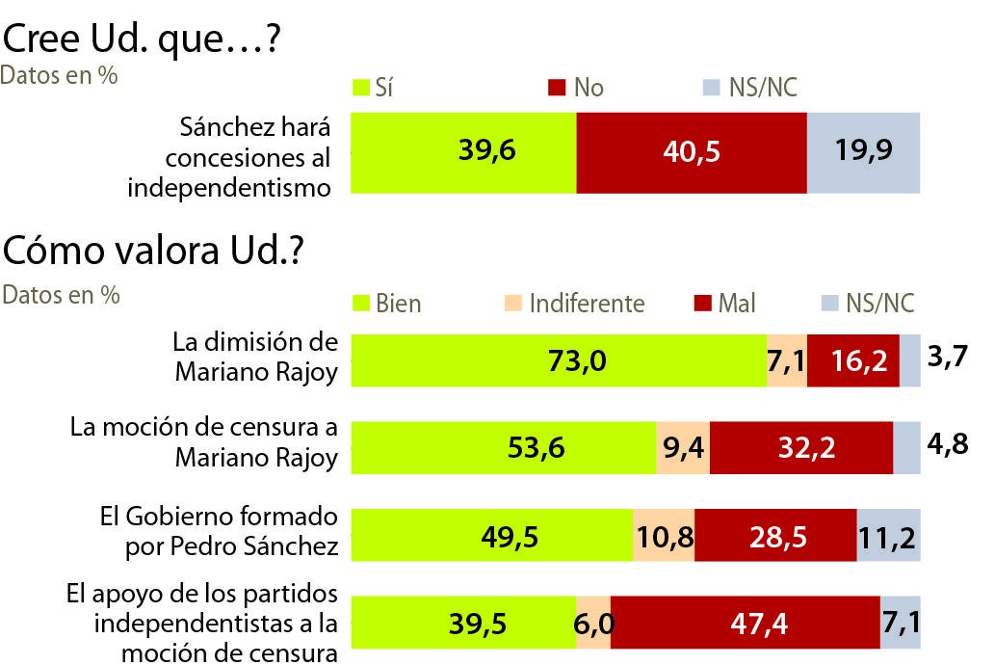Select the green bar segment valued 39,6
(463, 152)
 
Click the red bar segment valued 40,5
(691, 152)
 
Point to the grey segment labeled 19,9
(863, 152)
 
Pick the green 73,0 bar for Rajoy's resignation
(559, 360)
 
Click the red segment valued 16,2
(852, 360)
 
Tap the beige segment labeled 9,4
(682, 448)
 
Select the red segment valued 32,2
(800, 448)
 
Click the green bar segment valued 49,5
(491, 537)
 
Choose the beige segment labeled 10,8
(664, 537)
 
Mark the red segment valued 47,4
(745, 624)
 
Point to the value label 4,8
(947, 448)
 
